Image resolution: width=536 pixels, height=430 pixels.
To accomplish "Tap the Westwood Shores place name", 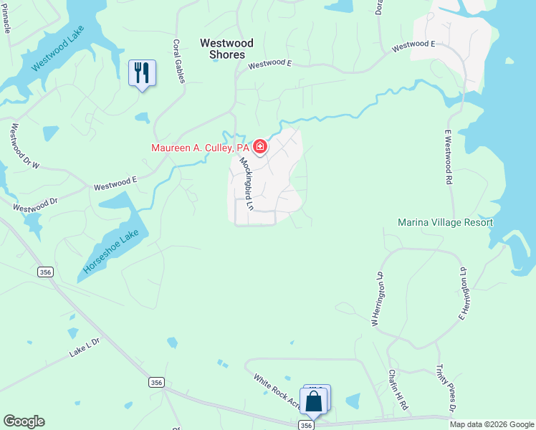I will tap(222, 49).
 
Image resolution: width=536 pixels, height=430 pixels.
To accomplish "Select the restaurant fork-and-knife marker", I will tap(142, 73).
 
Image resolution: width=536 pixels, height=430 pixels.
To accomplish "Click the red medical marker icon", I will tap(259, 148).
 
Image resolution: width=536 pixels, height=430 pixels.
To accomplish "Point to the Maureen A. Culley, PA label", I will tap(200, 148).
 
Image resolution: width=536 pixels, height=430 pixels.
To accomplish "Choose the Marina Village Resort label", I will tap(445, 222).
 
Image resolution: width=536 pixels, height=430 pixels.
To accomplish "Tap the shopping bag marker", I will tap(314, 401).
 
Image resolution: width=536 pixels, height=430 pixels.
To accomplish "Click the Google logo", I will tap(24, 421).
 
